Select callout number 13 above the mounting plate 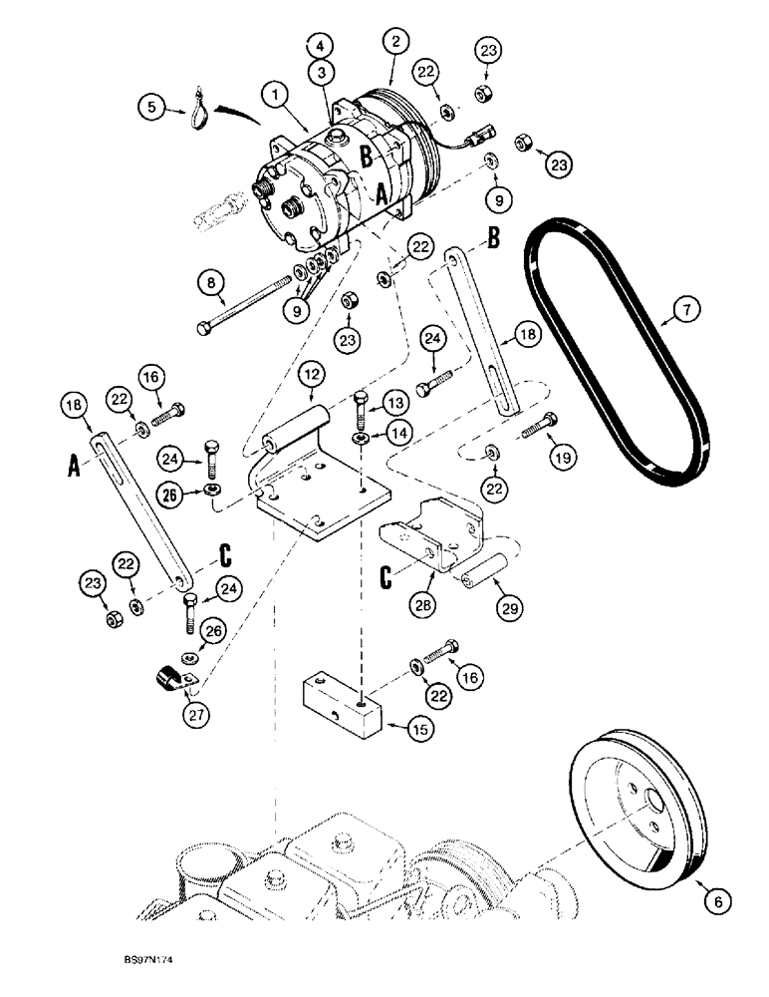pos(395,402)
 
